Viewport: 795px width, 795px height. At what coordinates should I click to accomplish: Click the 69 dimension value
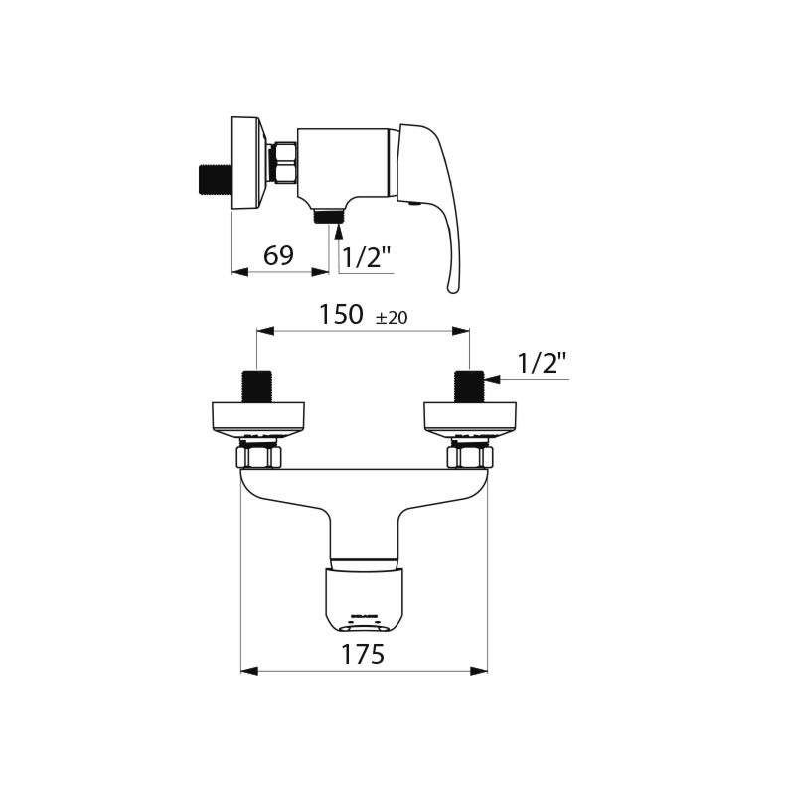(278, 256)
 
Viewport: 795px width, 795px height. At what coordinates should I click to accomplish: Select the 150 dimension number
(340, 315)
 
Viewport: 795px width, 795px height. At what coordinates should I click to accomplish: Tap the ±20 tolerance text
(392, 318)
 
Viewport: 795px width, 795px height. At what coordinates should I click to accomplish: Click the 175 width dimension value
(364, 654)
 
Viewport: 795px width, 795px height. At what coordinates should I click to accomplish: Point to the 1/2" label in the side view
(367, 258)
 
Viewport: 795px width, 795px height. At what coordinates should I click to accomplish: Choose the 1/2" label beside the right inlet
(542, 364)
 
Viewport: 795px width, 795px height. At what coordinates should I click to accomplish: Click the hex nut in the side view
(285, 164)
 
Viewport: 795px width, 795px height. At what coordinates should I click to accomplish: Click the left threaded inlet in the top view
(257, 386)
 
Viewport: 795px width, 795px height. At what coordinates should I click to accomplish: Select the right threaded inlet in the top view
(469, 386)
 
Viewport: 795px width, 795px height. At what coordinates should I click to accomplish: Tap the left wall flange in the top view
(258, 417)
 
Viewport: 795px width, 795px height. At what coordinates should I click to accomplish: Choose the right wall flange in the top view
(470, 417)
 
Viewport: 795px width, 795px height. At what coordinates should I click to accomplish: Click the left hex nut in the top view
(258, 457)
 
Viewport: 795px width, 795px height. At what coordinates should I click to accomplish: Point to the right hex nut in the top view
(470, 457)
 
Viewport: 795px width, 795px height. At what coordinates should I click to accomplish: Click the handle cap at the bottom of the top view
(365, 599)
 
